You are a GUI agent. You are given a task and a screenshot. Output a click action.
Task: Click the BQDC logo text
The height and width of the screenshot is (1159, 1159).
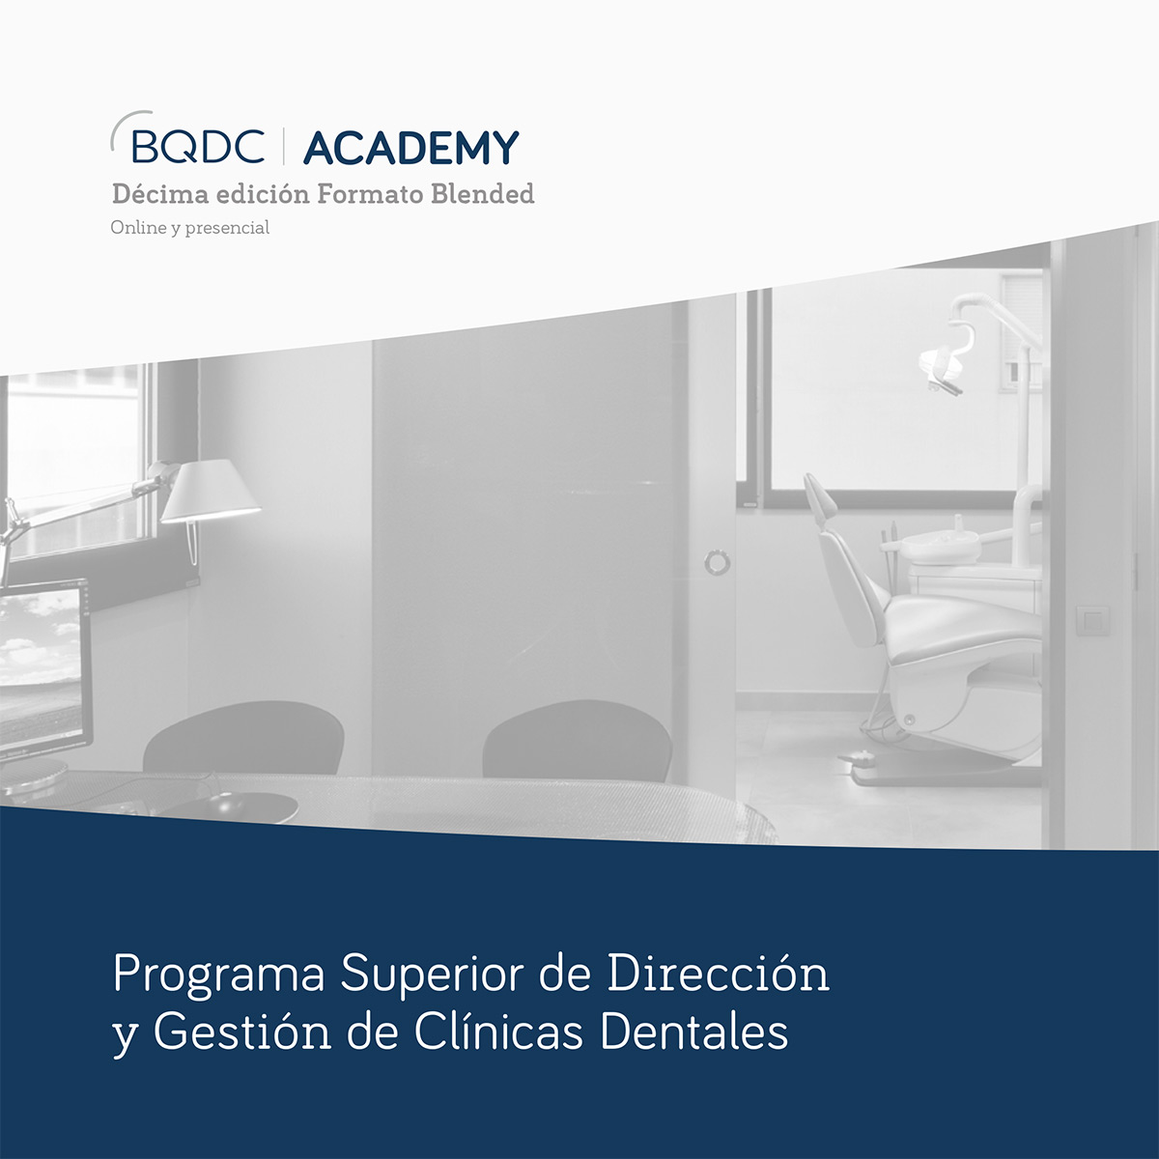point(197,146)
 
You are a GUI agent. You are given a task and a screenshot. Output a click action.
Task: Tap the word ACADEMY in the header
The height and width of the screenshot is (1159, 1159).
point(411,148)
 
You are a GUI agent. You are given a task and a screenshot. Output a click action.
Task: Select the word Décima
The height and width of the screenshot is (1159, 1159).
point(160,194)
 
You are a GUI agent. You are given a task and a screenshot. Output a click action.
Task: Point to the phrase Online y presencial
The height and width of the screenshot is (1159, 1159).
point(190,228)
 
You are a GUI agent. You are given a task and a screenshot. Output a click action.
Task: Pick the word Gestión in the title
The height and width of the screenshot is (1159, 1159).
point(242,1031)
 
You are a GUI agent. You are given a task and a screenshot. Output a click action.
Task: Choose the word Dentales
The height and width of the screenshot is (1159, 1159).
point(693,1032)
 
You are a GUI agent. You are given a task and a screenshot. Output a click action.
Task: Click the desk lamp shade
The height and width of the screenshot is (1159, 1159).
point(210,491)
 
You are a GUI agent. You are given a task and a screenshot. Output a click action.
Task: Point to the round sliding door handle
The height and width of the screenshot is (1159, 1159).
point(717,562)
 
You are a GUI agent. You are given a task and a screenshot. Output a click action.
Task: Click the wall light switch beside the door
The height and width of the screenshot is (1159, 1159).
point(1092,621)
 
